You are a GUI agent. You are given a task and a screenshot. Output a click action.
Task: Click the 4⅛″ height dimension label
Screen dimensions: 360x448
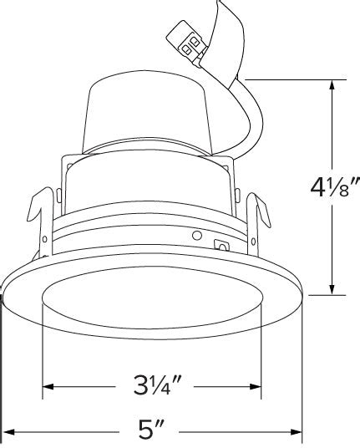pyautogui.click(x=335, y=187)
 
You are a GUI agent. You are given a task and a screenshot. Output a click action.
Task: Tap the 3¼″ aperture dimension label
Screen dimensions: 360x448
pyautogui.click(x=157, y=384)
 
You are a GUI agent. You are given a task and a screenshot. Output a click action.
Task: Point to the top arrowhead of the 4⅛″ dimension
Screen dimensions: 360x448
pyautogui.click(x=332, y=85)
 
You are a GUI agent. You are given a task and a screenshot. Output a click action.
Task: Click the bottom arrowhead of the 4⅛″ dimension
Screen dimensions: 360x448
pyautogui.click(x=332, y=289)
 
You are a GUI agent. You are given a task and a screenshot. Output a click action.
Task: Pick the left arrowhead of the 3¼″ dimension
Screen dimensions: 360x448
pyautogui.click(x=48, y=387)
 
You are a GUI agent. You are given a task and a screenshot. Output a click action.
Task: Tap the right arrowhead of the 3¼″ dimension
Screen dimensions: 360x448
pyautogui.click(x=256, y=387)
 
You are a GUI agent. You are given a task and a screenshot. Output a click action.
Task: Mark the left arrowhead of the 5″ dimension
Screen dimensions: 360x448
pyautogui.click(x=8, y=432)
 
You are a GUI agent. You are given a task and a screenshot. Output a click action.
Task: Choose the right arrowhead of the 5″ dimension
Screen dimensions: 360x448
pyautogui.click(x=296, y=432)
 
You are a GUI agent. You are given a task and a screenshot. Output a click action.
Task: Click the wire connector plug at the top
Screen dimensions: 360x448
pyautogui.click(x=186, y=43)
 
